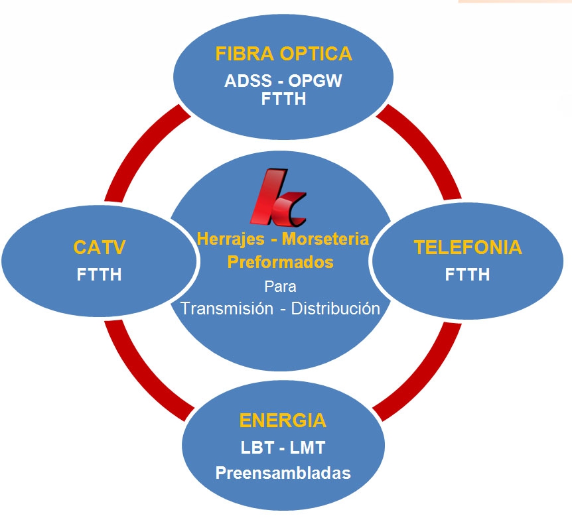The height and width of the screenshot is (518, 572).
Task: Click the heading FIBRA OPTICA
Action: coord(283,54)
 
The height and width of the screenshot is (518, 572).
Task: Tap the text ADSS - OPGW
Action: coord(283,82)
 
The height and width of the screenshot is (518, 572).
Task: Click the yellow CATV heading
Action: coord(100,249)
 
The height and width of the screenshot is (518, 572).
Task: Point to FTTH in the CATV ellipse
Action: coord(100,274)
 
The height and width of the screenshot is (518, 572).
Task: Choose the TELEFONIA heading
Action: coord(468,248)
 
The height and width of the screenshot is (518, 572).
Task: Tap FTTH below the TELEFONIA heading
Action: coord(468,274)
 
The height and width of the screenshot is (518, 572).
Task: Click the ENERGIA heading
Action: coord(283,421)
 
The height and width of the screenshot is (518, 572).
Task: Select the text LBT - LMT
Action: coord(283,448)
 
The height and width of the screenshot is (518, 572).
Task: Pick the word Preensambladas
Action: coord(283,474)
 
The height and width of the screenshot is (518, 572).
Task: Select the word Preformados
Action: coord(280,262)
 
